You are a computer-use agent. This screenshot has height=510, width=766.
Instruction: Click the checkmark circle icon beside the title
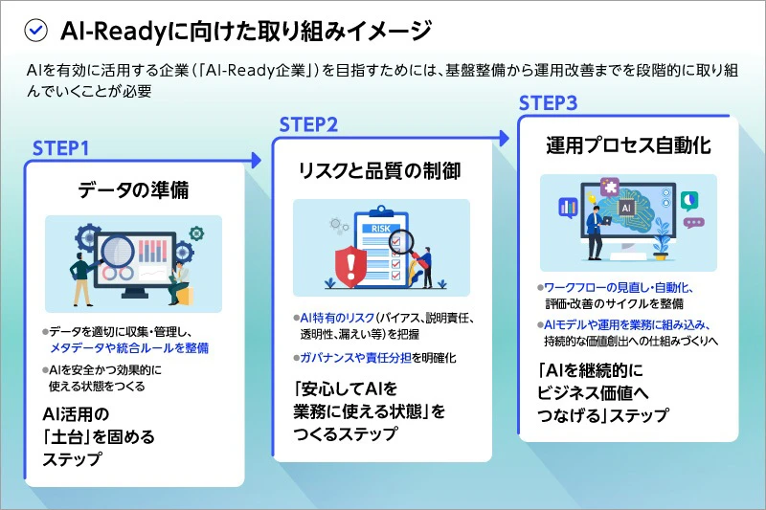(35, 31)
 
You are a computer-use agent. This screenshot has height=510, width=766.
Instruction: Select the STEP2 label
(308, 124)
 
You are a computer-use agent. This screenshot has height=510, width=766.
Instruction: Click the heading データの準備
(133, 189)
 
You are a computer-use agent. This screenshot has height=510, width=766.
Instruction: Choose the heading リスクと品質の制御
(380, 171)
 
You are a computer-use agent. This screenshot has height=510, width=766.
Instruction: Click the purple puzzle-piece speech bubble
(607, 187)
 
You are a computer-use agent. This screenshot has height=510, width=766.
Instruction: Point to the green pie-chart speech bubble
(689, 200)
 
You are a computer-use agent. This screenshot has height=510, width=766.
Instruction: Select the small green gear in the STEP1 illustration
(197, 233)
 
